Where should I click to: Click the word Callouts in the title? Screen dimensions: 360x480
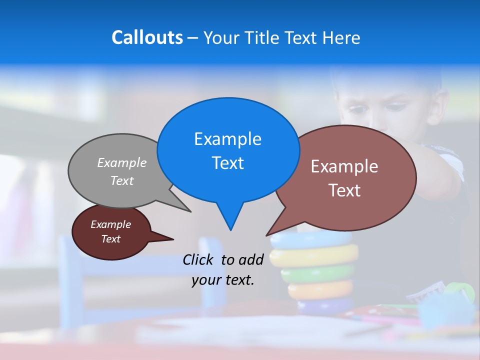pos(147,37)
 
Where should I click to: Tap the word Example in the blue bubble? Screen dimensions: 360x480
pos(227,139)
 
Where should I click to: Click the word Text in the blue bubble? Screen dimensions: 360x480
pos(227,163)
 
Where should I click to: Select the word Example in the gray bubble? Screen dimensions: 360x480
pos(122,162)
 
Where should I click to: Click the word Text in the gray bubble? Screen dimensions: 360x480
pos(122,180)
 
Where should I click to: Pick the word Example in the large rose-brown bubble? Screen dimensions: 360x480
pos(344,166)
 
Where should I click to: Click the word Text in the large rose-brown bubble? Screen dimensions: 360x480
pos(344,190)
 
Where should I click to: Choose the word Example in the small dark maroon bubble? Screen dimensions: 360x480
pos(110,224)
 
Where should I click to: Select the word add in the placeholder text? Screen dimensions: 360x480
pos(250,259)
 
